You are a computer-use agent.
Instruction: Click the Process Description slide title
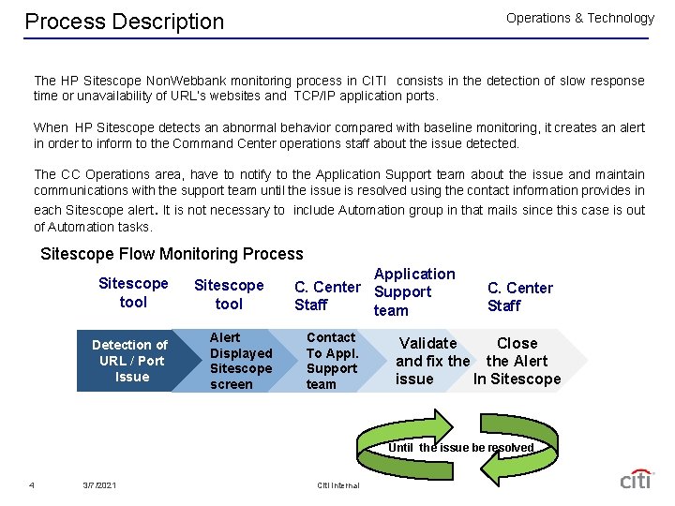[125, 22]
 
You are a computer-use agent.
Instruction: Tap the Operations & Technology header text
[579, 18]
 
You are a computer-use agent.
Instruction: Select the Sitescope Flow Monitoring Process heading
[172, 254]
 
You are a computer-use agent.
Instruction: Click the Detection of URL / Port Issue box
[131, 361]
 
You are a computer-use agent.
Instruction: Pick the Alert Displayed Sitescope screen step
[241, 361]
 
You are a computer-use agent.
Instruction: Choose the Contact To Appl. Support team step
[332, 361]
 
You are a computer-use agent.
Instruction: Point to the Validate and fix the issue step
[431, 361]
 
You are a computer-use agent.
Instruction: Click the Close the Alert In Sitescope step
[517, 361]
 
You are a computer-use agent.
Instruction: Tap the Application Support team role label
[413, 291]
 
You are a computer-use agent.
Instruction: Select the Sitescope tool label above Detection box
[133, 292]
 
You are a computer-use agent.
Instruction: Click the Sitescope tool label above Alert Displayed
[229, 294]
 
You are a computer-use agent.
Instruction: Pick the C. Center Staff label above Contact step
[326, 296]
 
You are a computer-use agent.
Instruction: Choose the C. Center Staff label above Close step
[519, 296]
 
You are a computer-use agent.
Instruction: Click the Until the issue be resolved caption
[460, 448]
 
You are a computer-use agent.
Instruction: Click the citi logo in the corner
[635, 479]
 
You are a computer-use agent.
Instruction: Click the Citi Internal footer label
[338, 484]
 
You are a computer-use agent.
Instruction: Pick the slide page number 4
[32, 484]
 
